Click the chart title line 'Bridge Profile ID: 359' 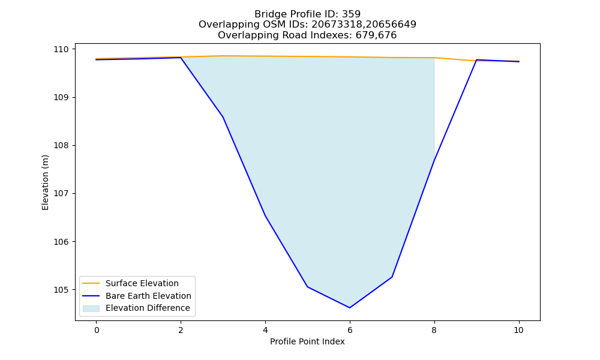pyautogui.click(x=307, y=14)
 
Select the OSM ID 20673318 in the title pyautogui.click(x=335, y=25)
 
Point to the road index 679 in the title pyautogui.click(x=363, y=35)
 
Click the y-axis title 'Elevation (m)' pyautogui.click(x=45, y=182)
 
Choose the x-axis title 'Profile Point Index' pyautogui.click(x=307, y=341)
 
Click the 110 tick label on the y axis pyautogui.click(x=61, y=49)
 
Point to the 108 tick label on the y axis pyautogui.click(x=61, y=145)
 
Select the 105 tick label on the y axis pyautogui.click(x=61, y=290)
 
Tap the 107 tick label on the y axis pyautogui.click(x=61, y=194)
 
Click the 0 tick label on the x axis pyautogui.click(x=97, y=330)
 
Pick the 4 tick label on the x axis pyautogui.click(x=265, y=330)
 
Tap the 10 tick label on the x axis pyautogui.click(x=518, y=330)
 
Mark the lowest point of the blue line pyautogui.click(x=350, y=308)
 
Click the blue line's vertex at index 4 pyautogui.click(x=265, y=216)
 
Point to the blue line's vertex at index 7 pyautogui.click(x=392, y=277)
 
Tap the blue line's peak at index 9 pyautogui.click(x=476, y=59)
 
